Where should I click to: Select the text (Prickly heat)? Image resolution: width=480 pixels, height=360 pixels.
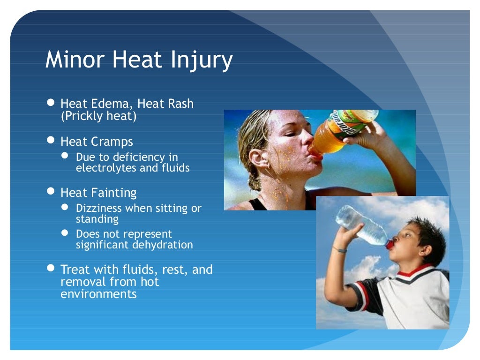pyautogui.click(x=98, y=116)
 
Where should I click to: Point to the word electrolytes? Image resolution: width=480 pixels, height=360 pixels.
pyautogui.click(x=106, y=168)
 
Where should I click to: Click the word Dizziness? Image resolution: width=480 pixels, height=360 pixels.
pyautogui.click(x=98, y=208)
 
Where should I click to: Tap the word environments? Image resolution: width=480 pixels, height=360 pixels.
pyautogui.click(x=98, y=294)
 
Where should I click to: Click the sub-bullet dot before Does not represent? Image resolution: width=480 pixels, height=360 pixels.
pyautogui.click(x=66, y=233)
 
